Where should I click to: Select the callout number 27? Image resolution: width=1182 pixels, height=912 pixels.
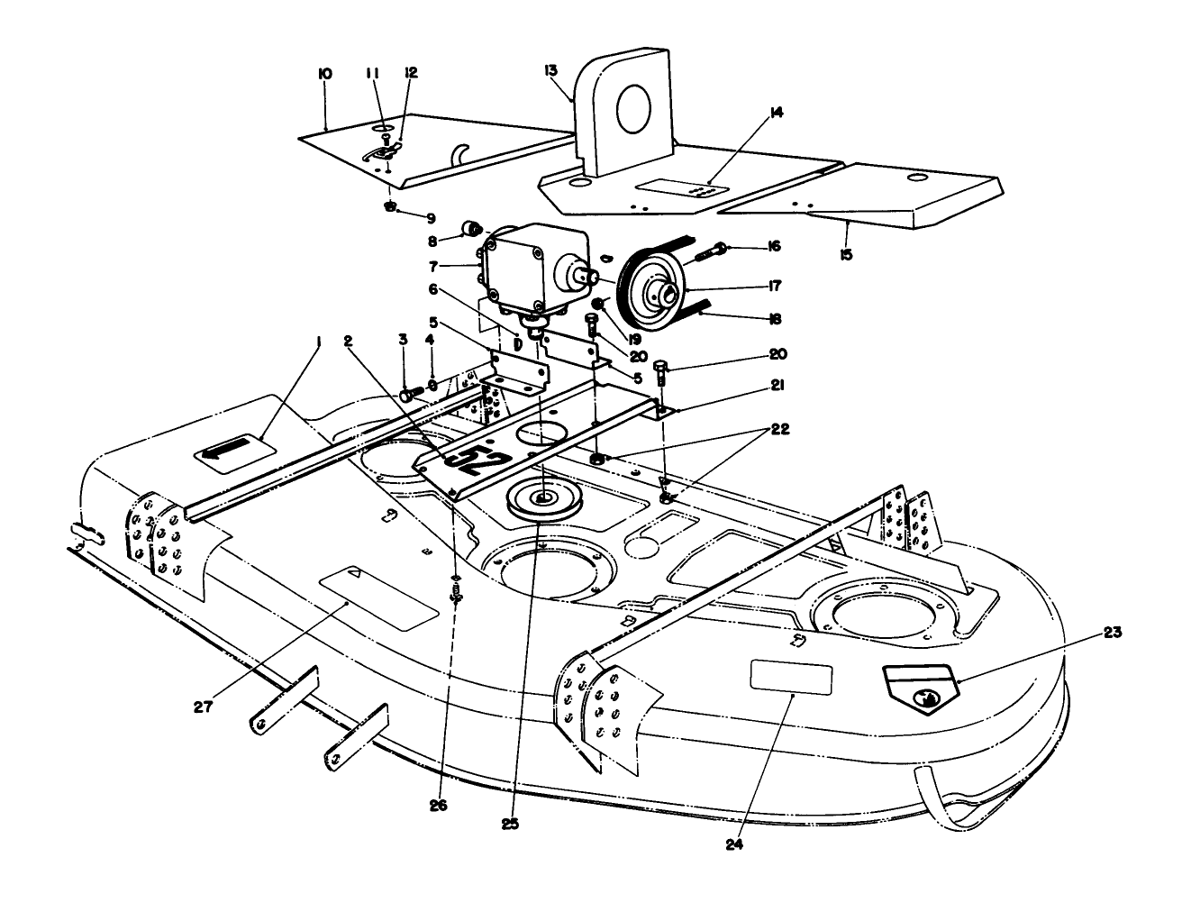204,707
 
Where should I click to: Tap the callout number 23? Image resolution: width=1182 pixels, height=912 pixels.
1112,633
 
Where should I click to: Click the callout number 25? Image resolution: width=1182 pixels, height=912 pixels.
511,822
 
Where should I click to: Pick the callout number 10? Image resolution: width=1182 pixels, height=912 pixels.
325,74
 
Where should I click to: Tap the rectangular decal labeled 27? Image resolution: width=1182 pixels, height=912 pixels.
378,598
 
